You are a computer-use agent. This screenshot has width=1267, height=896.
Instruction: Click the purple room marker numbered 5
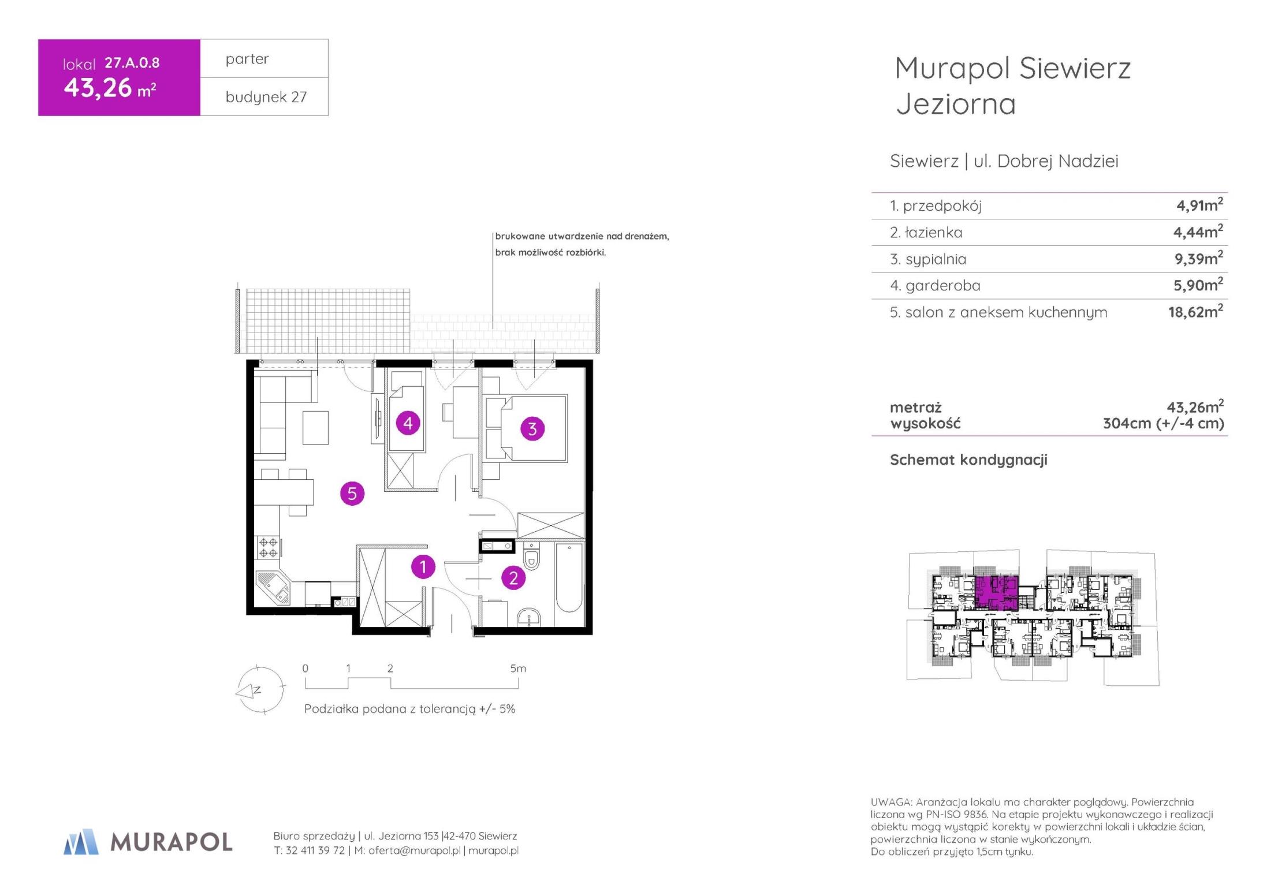[x=352, y=494]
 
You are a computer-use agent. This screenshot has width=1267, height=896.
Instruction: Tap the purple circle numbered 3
[x=532, y=429]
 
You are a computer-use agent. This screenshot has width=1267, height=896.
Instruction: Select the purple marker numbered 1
[x=423, y=567]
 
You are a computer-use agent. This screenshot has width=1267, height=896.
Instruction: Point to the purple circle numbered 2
[x=513, y=578]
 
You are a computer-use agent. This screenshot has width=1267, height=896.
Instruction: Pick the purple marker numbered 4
[x=408, y=423]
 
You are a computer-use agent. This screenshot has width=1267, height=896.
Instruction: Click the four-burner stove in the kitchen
[x=268, y=547]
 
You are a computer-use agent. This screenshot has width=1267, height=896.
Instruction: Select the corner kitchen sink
[x=273, y=588]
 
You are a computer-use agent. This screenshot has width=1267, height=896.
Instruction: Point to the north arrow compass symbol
[x=260, y=690]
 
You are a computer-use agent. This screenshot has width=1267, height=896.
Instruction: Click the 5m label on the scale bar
[x=518, y=669]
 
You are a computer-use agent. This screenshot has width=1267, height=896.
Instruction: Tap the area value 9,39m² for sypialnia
[x=1198, y=258]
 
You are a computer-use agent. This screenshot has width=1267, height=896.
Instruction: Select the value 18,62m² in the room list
[x=1195, y=311]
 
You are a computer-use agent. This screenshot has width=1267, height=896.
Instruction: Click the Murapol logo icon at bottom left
[x=81, y=842]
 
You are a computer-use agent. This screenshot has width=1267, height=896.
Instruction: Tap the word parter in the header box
[x=247, y=59]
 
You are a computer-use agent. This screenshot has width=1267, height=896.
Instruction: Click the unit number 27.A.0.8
[x=132, y=63]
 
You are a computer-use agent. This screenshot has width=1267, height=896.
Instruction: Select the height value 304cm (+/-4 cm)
[x=1163, y=424]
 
